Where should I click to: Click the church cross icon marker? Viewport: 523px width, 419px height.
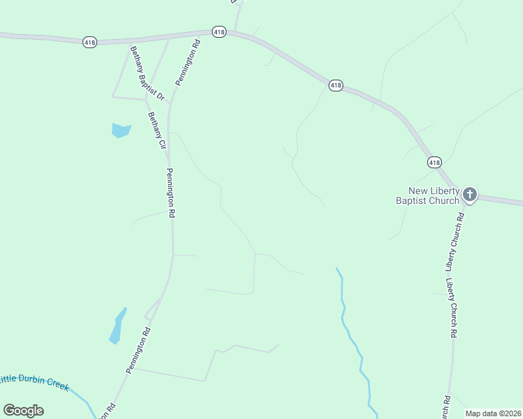tap(470, 194)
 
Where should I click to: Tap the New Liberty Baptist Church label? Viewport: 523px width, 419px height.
tap(434, 196)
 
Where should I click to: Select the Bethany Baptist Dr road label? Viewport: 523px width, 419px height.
tap(146, 73)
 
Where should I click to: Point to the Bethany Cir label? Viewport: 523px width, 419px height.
tap(156, 131)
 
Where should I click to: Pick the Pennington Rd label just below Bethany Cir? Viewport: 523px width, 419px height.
tap(169, 193)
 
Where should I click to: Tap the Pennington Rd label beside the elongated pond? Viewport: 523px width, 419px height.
tap(138, 351)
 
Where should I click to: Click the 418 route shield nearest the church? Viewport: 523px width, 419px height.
tap(434, 162)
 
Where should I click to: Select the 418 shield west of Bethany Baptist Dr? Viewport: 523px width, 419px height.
tap(89, 43)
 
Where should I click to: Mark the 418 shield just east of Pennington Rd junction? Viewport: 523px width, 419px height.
tap(220, 32)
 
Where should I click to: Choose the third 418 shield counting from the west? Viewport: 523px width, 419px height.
tap(336, 85)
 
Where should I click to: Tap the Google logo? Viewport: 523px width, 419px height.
tap(23, 411)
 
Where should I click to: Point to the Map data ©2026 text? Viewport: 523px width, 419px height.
tap(493, 413)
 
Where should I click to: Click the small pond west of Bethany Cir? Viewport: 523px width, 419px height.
tap(121, 130)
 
